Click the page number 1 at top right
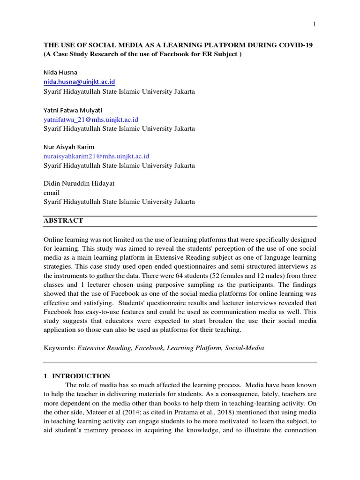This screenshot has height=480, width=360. point(315,24)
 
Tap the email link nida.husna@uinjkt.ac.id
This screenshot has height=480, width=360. point(82,82)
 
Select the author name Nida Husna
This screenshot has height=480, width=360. point(61,73)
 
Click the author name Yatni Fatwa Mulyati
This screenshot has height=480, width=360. point(73,110)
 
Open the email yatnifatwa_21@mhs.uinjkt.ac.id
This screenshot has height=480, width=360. point(91,120)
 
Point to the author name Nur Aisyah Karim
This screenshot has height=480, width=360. point(69,147)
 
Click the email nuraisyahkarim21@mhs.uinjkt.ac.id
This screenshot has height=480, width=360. point(97,156)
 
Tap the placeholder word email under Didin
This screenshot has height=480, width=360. point(52,193)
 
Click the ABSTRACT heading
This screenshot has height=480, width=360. point(63,220)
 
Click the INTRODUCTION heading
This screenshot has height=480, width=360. point(81,376)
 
